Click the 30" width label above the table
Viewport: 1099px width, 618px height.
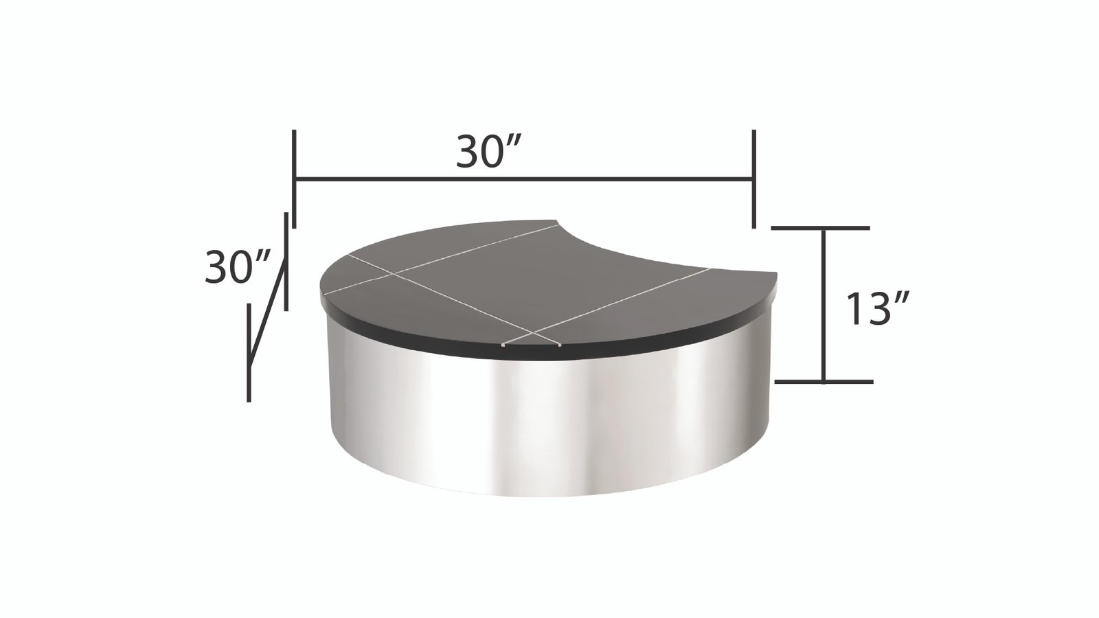click(490, 153)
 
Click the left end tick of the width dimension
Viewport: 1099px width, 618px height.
click(293, 179)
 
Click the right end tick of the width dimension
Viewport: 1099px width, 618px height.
click(754, 179)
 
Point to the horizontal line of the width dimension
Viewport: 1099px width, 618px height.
click(522, 179)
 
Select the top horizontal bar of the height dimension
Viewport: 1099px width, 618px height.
click(821, 227)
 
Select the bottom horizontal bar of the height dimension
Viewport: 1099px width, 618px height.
click(824, 381)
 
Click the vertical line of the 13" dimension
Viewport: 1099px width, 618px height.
click(823, 306)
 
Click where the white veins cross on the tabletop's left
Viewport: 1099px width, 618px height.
click(394, 273)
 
